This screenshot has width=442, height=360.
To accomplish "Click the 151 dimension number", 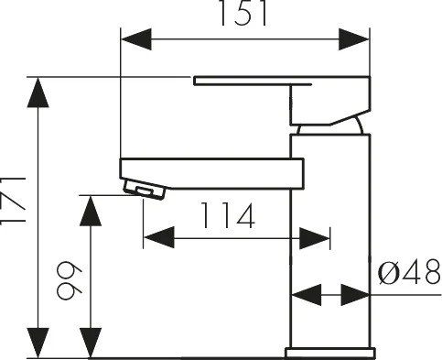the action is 243,13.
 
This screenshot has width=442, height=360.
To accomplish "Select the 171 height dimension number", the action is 13,201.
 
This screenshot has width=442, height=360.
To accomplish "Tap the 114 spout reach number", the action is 228,215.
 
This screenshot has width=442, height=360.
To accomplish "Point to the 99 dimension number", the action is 70,280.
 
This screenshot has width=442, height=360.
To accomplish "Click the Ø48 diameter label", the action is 409,271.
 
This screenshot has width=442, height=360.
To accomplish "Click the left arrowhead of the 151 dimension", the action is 136,39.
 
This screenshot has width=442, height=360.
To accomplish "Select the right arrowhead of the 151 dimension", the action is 354,39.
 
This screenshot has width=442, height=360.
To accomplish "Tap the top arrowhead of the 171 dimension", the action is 38,93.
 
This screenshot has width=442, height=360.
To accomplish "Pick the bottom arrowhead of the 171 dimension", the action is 38,343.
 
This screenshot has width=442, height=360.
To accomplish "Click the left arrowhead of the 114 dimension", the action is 158,237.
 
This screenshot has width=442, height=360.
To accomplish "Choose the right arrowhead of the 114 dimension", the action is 315,238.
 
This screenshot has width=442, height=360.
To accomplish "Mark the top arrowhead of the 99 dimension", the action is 91,211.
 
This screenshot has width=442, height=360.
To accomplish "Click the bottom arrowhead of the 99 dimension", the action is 91,343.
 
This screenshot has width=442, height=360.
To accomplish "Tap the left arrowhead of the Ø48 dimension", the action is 307,295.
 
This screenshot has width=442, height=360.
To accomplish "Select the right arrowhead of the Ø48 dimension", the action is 355,295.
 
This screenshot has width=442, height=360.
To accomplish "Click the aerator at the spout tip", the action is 145,190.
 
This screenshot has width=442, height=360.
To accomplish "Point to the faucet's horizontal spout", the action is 212,173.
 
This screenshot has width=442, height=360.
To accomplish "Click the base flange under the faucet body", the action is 330,353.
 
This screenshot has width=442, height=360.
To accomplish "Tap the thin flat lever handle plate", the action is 253,81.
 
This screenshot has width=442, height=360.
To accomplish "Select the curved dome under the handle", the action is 330,125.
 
